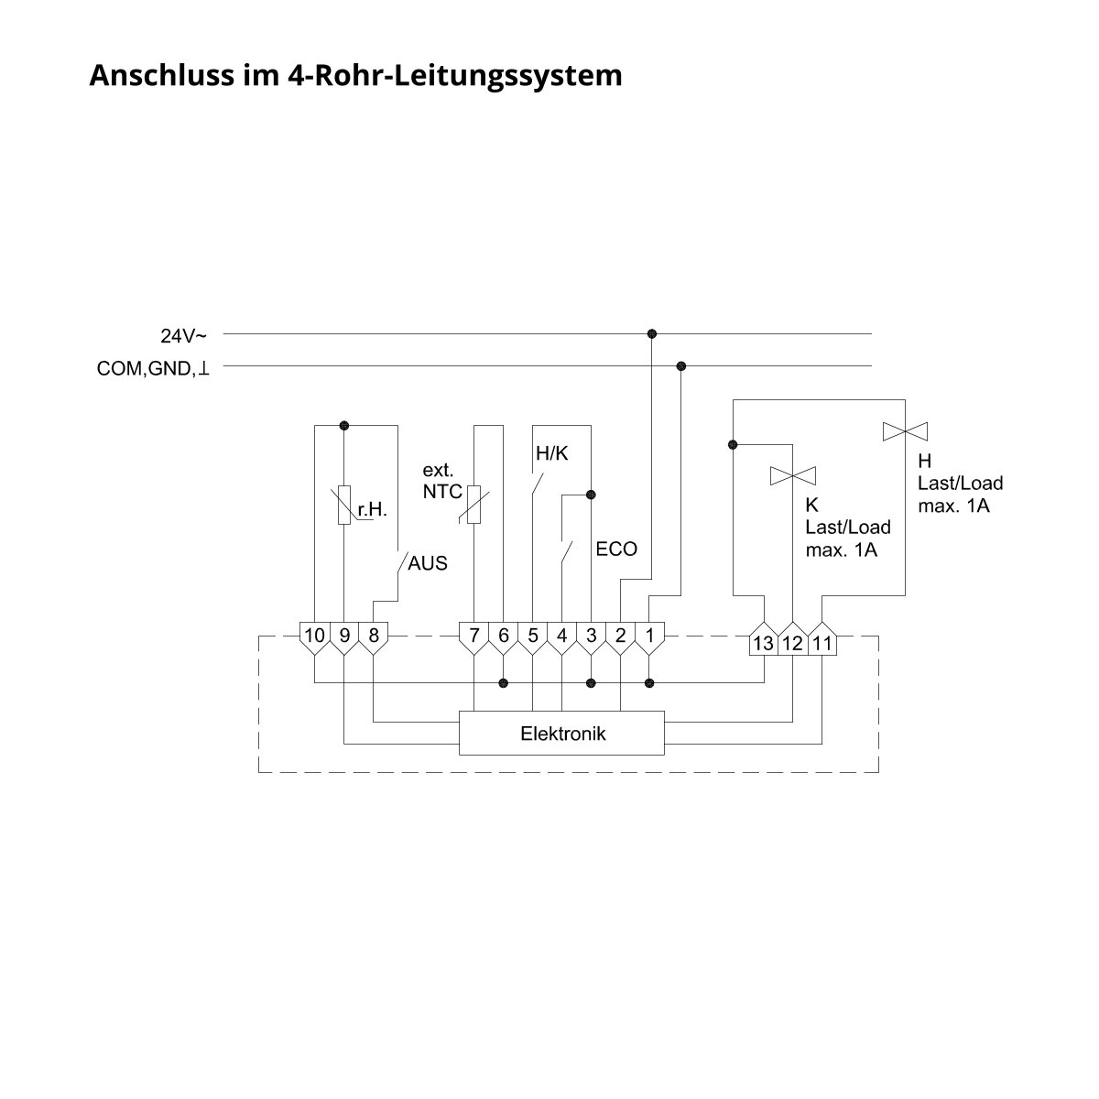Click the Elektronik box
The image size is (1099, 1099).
pos(561,733)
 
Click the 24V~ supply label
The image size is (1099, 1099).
pos(183,336)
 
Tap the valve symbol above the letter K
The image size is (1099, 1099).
pos(793,475)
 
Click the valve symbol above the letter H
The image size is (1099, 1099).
pos(905,431)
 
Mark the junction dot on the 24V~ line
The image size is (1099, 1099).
pos(652,333)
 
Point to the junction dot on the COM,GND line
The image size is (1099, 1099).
pos(680,365)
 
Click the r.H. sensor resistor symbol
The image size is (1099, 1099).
pos(344,506)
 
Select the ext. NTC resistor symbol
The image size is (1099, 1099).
pos(473,505)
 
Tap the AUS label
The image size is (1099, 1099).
pos(427,563)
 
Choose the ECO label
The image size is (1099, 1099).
pos(616,549)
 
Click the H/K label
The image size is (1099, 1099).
pos(551,453)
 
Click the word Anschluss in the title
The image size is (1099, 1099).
pos(162,75)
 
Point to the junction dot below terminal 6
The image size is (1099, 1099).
pos(503,682)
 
